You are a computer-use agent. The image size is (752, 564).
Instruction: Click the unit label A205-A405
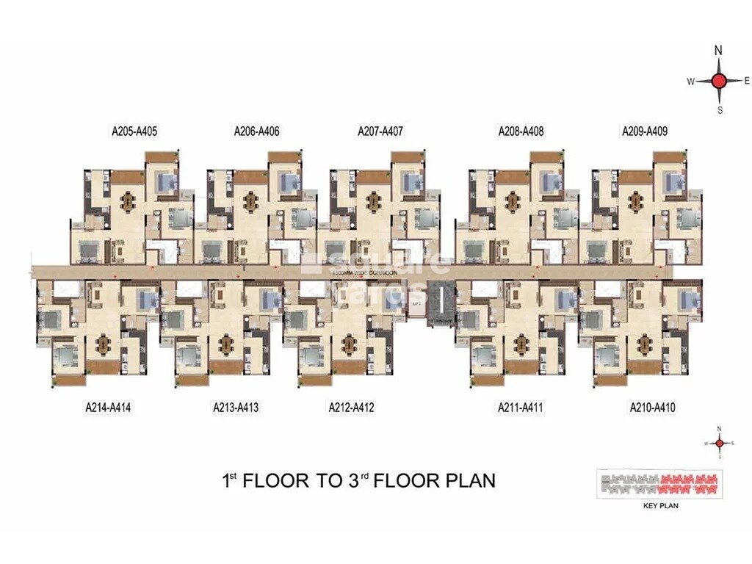(x=134, y=132)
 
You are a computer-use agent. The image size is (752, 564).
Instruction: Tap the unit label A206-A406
(x=257, y=132)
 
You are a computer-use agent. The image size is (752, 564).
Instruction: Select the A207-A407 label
(x=380, y=132)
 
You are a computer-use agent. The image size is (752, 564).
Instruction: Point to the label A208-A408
(x=521, y=132)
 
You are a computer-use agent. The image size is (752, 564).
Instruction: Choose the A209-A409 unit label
(x=644, y=132)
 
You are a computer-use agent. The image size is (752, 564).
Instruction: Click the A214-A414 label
(x=108, y=407)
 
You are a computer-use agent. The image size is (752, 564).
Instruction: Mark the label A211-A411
(x=520, y=407)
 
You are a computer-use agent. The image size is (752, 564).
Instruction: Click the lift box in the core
(x=416, y=304)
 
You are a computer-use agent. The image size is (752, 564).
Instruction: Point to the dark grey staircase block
(x=441, y=294)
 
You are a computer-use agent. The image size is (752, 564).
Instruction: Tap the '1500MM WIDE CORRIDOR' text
(x=364, y=273)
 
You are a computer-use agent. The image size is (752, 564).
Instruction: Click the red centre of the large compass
(x=720, y=81)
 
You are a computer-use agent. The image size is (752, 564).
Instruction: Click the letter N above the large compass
(x=719, y=51)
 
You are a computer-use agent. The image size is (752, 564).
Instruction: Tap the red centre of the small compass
(x=720, y=443)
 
